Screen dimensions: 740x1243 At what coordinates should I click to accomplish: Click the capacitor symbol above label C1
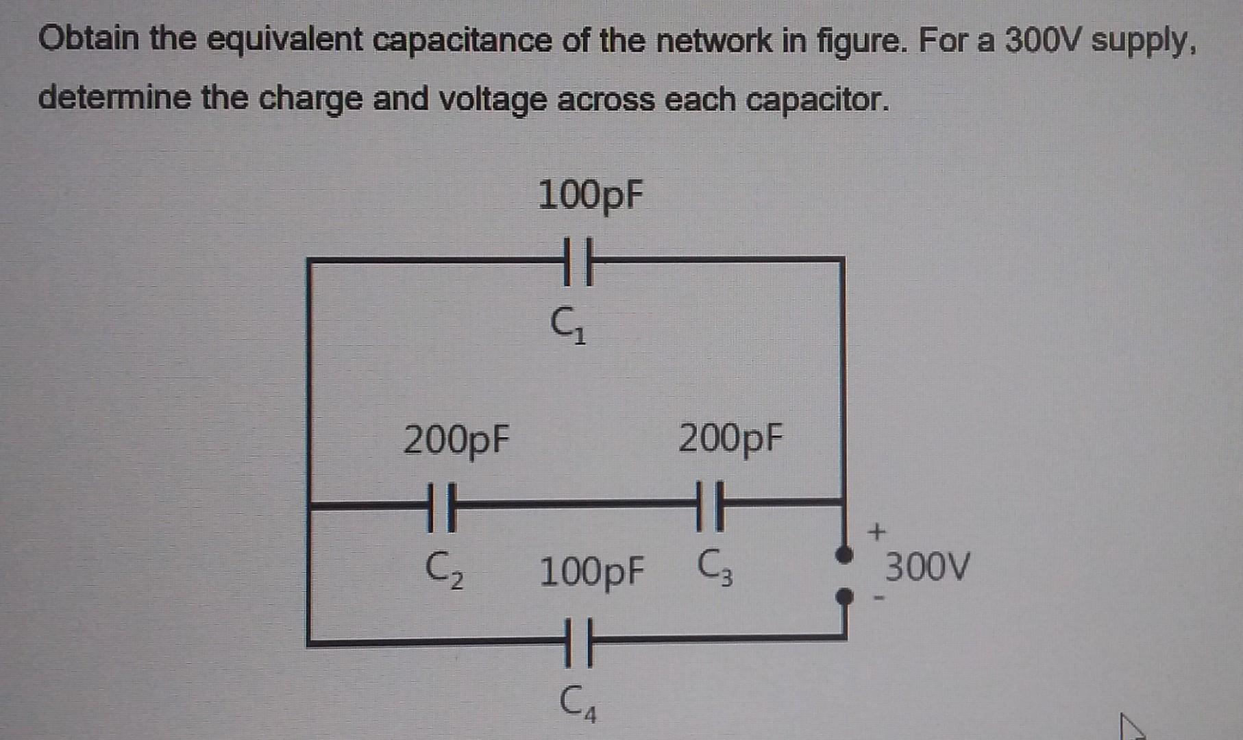pos(577,261)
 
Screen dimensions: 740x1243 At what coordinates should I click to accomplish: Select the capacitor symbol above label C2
pos(441,507)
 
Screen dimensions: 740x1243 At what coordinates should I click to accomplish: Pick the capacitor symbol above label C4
pos(578,642)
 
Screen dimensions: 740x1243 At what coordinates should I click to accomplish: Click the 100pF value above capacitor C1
pos(590,195)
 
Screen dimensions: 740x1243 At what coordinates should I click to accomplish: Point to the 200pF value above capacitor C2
pos(456,439)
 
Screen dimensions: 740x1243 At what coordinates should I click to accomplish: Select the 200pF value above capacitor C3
pos(730,438)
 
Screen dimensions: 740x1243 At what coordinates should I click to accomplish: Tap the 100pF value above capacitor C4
pos(592,572)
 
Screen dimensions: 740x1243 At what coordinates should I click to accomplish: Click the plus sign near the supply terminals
pos(876,531)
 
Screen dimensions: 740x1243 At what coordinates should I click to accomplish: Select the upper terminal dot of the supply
pos(845,554)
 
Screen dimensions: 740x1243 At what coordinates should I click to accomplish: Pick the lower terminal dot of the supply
pos(845,597)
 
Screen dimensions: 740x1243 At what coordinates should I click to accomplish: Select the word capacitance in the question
pos(463,40)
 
